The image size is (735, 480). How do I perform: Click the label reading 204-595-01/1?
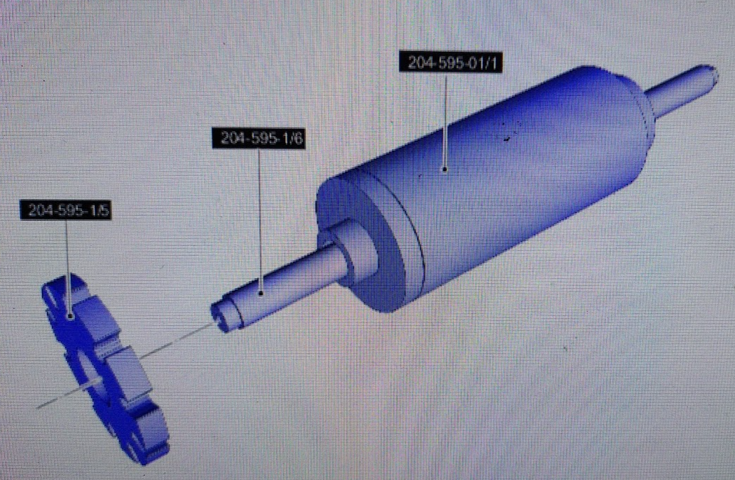point(451,62)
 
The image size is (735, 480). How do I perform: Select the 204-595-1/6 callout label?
point(259,138)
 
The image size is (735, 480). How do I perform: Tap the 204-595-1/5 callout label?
point(66,210)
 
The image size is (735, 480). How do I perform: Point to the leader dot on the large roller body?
point(444,169)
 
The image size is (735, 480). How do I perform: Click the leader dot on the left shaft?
point(261,294)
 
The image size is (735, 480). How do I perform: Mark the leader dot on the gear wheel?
point(70,317)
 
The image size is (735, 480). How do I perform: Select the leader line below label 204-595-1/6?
point(260,220)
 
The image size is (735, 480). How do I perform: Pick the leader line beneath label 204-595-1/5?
point(68,267)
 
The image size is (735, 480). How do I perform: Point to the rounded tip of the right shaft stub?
point(713,74)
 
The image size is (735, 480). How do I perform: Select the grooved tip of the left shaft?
point(225,315)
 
